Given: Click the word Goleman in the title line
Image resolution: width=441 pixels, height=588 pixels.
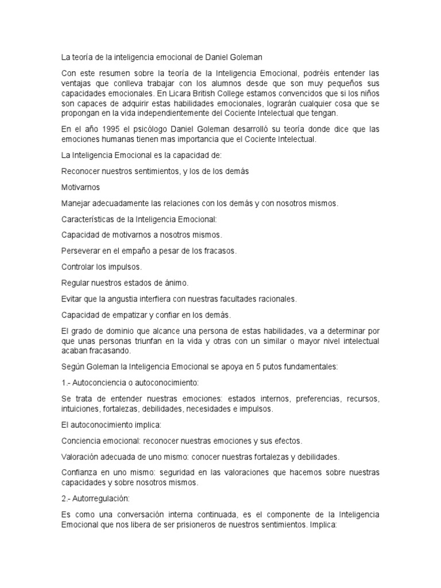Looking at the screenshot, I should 248,57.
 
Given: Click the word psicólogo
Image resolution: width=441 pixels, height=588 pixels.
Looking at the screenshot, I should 160,129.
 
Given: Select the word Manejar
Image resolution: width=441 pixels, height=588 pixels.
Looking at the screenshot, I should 76,203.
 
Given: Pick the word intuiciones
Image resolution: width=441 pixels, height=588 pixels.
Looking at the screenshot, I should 80,409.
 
